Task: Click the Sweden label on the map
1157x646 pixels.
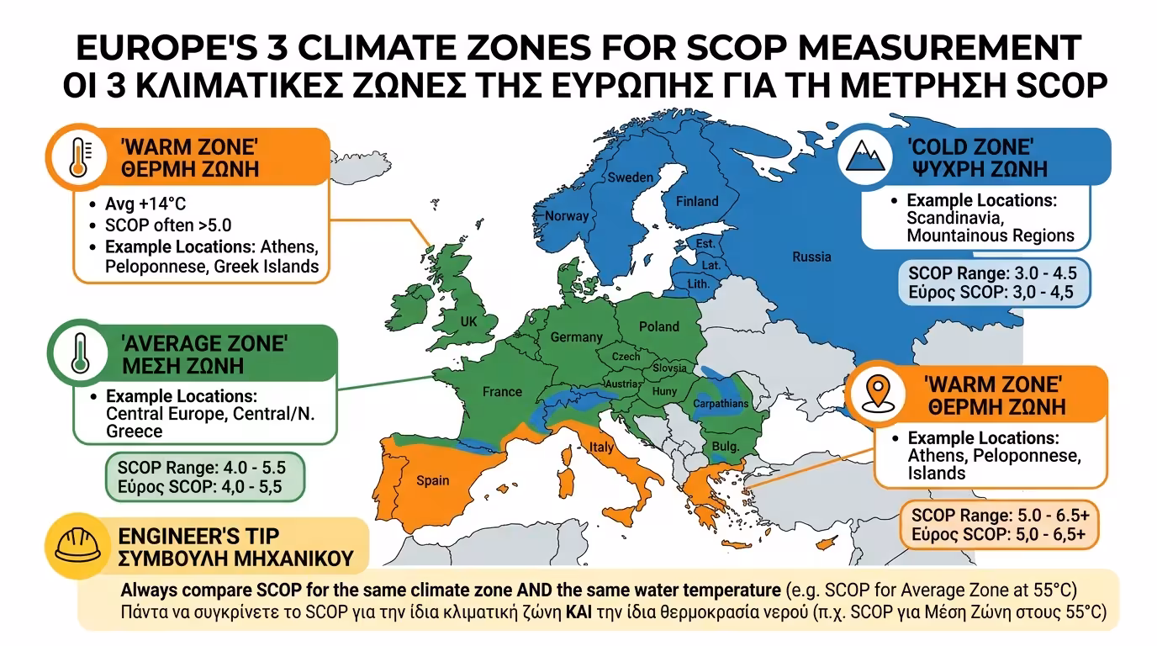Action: coord(631,177)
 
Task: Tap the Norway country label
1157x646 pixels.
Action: coord(567,216)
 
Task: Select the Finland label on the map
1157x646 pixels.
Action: coord(697,201)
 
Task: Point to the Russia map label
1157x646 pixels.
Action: coord(811,257)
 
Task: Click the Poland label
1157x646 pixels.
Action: coord(658,326)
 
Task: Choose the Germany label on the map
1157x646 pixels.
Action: coord(576,337)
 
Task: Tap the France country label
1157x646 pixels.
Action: coord(502,391)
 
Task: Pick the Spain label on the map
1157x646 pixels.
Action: coord(433,481)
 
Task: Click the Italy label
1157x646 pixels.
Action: coord(601,447)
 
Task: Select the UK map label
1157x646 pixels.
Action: coord(468,321)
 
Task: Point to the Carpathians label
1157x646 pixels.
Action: coord(720,404)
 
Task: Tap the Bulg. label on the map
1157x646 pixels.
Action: coord(725,447)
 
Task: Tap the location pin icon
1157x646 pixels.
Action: coord(879,395)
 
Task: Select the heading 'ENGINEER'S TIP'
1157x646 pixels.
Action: coord(200,536)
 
